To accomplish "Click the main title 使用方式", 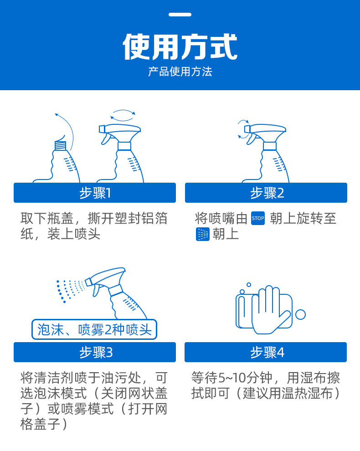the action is (180, 46).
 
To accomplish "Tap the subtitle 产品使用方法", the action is (180, 72).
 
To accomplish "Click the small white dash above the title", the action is (180, 15).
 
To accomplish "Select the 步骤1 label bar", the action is (95, 193).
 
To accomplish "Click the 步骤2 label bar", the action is (266, 193).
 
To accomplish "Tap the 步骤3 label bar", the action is (95, 352).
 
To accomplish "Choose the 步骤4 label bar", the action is (266, 352).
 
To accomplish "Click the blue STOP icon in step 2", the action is (258, 218).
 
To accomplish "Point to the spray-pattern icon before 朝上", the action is (203, 234).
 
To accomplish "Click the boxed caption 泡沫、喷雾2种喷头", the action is (94, 329).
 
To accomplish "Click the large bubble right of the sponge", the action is (300, 314).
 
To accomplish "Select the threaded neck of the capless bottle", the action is (61, 145).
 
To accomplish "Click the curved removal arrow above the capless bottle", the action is (68, 127).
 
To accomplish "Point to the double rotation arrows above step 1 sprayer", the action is (123, 115).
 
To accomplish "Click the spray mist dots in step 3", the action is (71, 291).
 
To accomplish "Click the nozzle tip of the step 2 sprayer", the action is (247, 129).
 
